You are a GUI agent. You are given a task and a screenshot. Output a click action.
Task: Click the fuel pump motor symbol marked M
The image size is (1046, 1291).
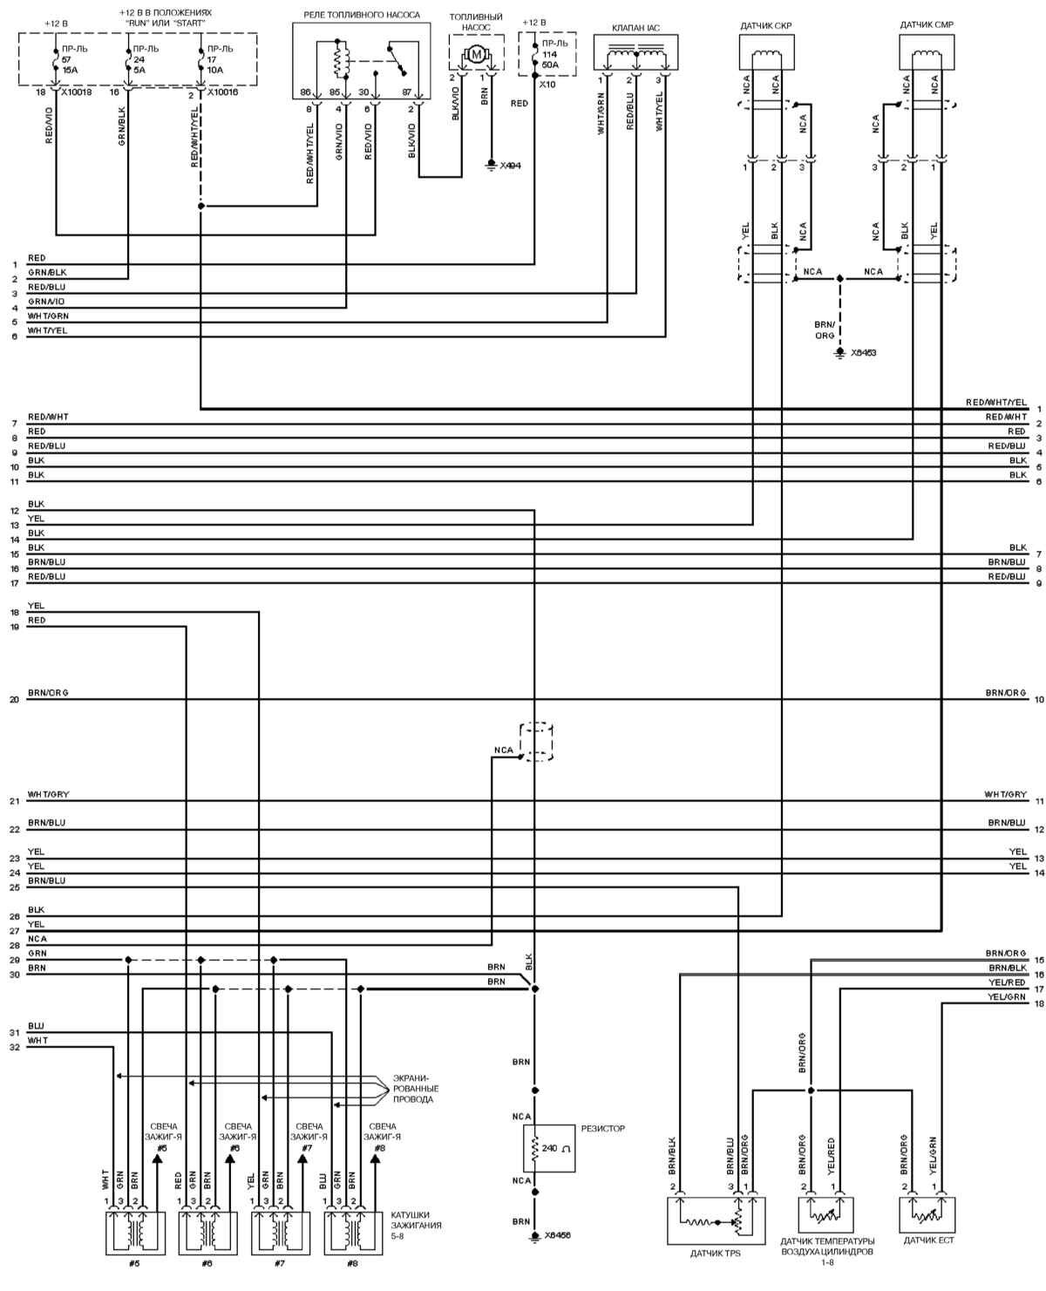476,55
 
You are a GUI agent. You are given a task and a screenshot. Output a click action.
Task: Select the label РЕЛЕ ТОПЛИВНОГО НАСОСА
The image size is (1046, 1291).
361,16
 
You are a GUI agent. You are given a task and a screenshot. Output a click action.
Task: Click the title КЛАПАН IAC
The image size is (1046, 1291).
636,28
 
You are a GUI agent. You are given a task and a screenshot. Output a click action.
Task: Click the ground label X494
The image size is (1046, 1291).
509,165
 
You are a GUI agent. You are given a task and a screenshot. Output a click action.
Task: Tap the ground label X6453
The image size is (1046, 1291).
863,353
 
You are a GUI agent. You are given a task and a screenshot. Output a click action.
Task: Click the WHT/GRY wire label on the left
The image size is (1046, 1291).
48,795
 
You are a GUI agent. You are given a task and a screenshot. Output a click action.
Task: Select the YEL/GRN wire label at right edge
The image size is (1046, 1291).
1007,997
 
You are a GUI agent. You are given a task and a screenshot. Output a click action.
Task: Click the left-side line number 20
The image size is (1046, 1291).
14,700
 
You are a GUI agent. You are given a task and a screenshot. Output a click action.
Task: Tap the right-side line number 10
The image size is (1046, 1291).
1039,699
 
